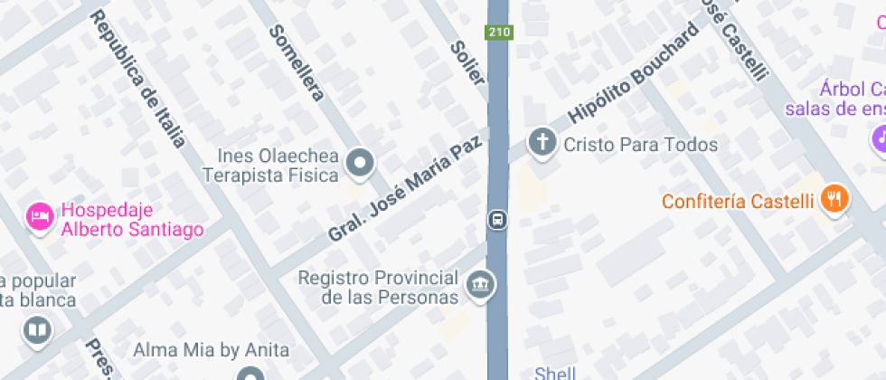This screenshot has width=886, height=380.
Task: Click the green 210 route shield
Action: [498, 33]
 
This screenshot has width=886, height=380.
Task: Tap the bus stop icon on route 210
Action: [497, 220]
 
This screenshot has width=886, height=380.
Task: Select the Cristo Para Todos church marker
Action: [542, 143]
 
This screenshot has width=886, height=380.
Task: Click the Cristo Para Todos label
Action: [640, 145]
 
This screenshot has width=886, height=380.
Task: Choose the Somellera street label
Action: [297, 62]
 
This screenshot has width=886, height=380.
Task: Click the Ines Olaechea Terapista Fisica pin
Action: [362, 164]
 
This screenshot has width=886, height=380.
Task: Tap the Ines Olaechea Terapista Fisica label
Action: [270, 164]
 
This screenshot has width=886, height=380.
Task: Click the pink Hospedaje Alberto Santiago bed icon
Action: [39, 216]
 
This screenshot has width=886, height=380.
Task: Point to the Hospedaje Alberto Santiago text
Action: [131, 221]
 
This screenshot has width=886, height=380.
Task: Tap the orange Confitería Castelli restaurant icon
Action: [834, 199]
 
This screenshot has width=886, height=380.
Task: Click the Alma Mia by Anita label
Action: [211, 349]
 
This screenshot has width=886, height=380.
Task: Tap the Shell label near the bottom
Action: [554, 373]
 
